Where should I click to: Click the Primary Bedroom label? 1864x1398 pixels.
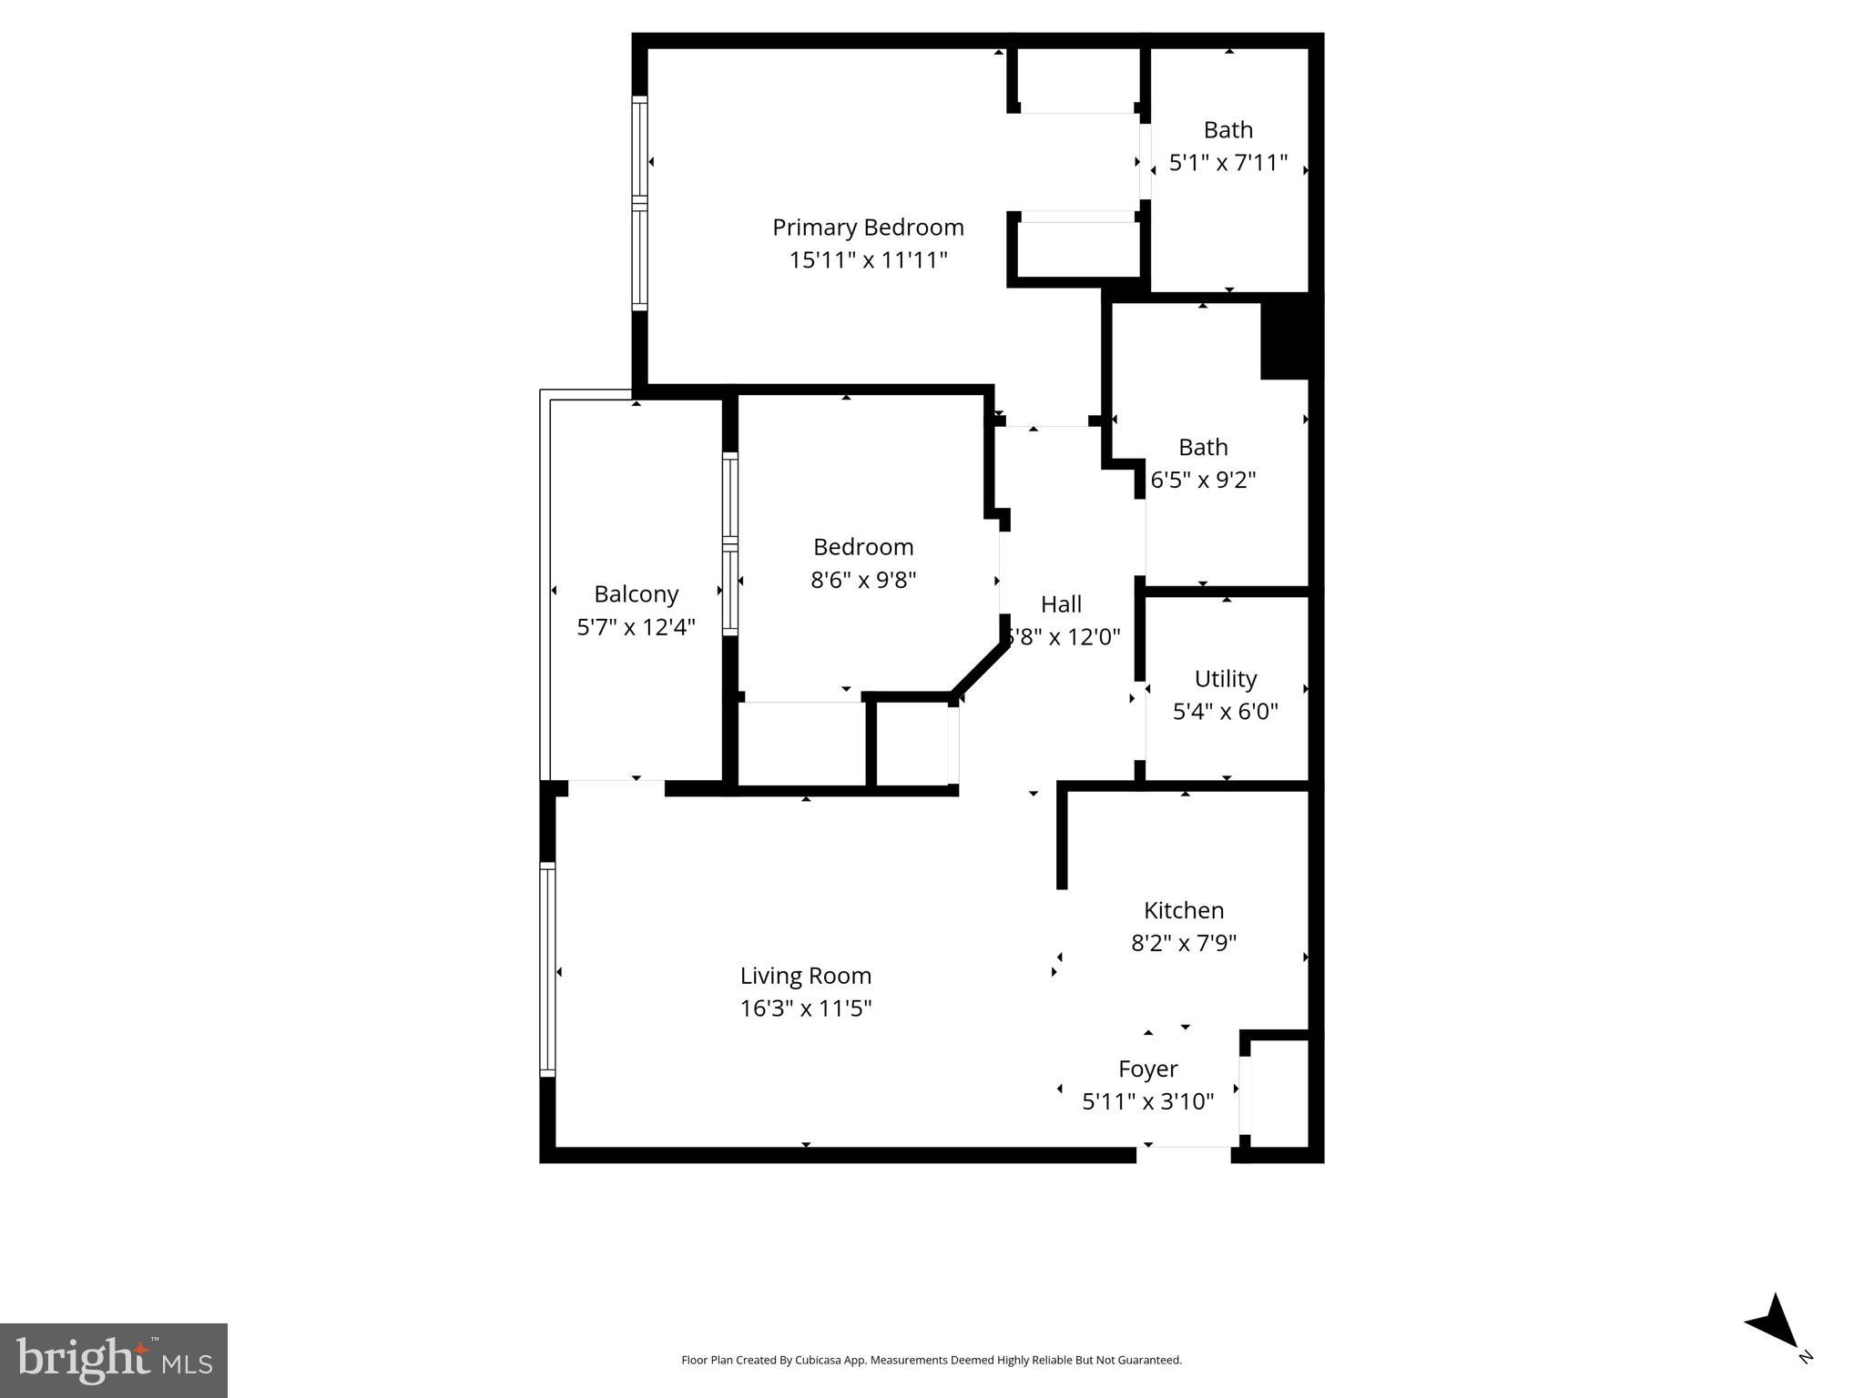868,227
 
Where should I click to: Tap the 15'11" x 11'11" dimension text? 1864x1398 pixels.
868,260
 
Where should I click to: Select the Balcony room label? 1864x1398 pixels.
636,594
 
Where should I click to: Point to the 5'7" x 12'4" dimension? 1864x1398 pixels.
636,627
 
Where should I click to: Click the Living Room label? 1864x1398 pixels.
805,976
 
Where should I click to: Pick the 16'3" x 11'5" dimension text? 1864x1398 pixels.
805,1008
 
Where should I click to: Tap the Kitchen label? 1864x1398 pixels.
1183,910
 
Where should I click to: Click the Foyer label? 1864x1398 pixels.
1147,1069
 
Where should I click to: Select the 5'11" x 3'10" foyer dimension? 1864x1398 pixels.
1147,1102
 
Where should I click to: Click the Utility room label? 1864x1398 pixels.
1225,679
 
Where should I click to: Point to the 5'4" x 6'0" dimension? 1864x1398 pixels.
1225,712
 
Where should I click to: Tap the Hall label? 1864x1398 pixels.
1061,604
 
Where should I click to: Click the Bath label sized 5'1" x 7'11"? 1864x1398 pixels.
1227,130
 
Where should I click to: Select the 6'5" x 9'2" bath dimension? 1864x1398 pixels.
1203,481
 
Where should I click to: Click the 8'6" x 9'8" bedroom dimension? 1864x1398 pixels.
863,580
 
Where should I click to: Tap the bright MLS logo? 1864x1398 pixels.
113,1360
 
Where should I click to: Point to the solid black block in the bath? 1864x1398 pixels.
1285,338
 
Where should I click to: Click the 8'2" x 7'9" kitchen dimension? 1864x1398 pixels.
1183,943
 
